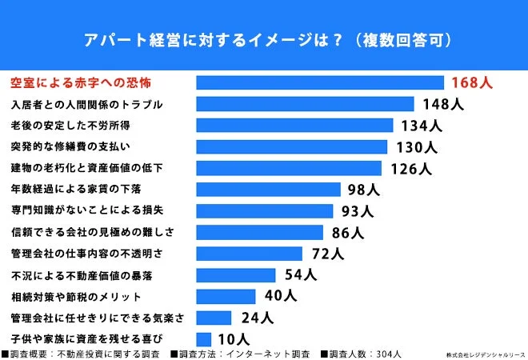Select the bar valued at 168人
(x=320, y=82)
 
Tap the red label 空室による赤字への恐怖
(x=80, y=82)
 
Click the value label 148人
(x=438, y=104)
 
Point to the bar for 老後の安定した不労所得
(x=294, y=126)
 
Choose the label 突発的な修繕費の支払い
(x=70, y=146)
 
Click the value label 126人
(x=411, y=169)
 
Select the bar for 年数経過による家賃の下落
(x=268, y=190)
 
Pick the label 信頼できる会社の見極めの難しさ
(x=92, y=232)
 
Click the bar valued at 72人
(x=249, y=254)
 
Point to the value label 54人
(x=301, y=275)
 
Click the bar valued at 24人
(x=214, y=318)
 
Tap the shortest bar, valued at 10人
(x=203, y=338)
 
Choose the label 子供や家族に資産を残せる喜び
(x=86, y=338)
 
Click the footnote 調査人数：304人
(x=363, y=354)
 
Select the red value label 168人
(x=471, y=82)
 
